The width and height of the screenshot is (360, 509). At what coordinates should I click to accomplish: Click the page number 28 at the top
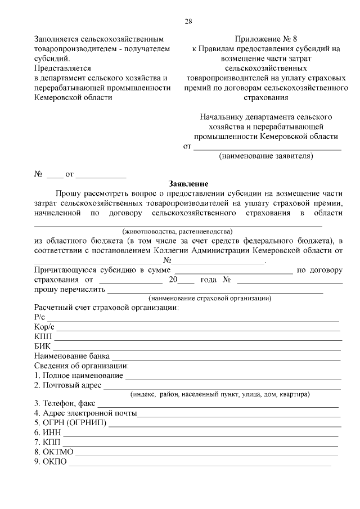point(188,21)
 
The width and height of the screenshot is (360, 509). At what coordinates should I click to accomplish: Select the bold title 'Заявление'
point(188,184)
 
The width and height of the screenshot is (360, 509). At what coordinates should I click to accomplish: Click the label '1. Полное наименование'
point(78,375)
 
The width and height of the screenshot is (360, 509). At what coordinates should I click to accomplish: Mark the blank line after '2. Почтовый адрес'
point(222,386)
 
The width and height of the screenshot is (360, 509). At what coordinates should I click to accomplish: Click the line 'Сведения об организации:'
point(82,366)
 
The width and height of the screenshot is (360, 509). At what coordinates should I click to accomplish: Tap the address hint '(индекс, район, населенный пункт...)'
point(219,394)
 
